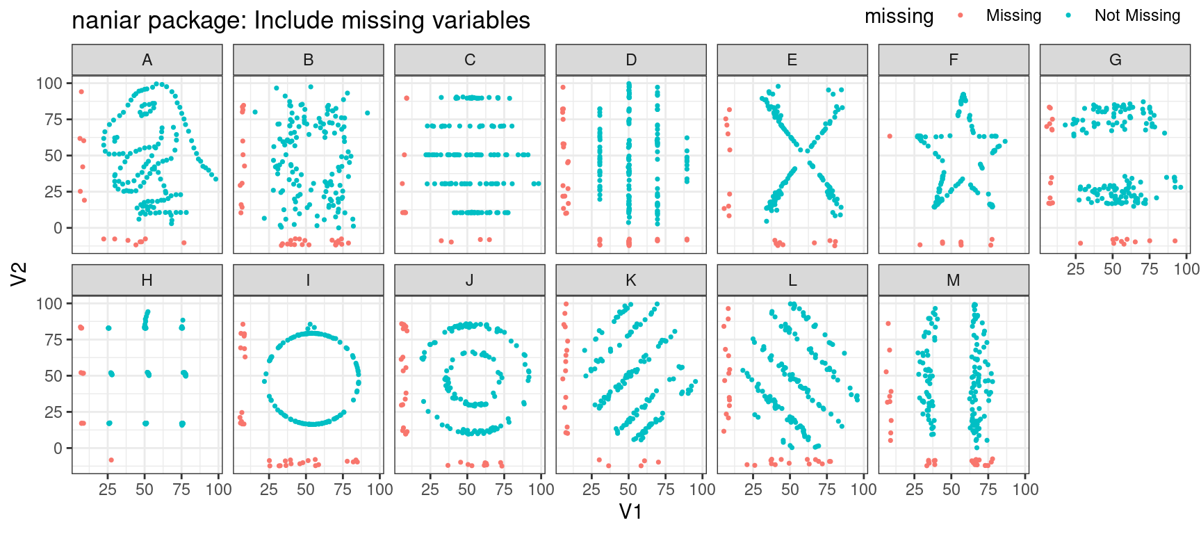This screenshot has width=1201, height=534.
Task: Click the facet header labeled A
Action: [x=147, y=60]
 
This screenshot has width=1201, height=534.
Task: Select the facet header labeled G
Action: [x=1115, y=60]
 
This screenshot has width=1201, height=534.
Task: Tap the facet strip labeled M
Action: [x=953, y=280]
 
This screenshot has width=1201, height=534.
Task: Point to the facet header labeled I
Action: [x=308, y=280]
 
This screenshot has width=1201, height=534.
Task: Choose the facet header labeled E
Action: [x=792, y=60]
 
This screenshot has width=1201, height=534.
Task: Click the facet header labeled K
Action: [x=630, y=280]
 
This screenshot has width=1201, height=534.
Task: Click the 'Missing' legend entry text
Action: [x=1013, y=15]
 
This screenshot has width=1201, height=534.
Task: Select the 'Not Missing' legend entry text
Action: [x=1137, y=15]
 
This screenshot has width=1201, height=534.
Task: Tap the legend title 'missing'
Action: [x=899, y=16]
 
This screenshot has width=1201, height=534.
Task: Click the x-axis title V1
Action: [x=630, y=512]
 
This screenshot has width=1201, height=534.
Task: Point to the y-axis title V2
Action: [x=19, y=273]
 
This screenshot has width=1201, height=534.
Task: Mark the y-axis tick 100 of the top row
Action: [x=50, y=83]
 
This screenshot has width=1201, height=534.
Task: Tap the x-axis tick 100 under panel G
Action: [x=1186, y=269]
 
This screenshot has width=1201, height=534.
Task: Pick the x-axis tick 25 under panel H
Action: [x=108, y=489]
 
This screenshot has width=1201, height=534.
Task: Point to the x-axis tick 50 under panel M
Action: [x=951, y=489]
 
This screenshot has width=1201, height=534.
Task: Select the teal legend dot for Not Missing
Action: [x=1068, y=15]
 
